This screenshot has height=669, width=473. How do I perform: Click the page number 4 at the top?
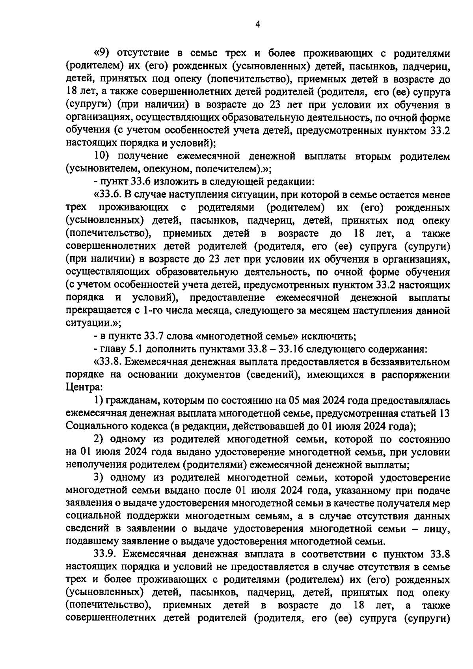pyautogui.click(x=257, y=24)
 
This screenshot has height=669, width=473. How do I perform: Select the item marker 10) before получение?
pyautogui.click(x=104, y=157)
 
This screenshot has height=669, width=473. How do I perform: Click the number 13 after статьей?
pyautogui.click(x=443, y=414)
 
